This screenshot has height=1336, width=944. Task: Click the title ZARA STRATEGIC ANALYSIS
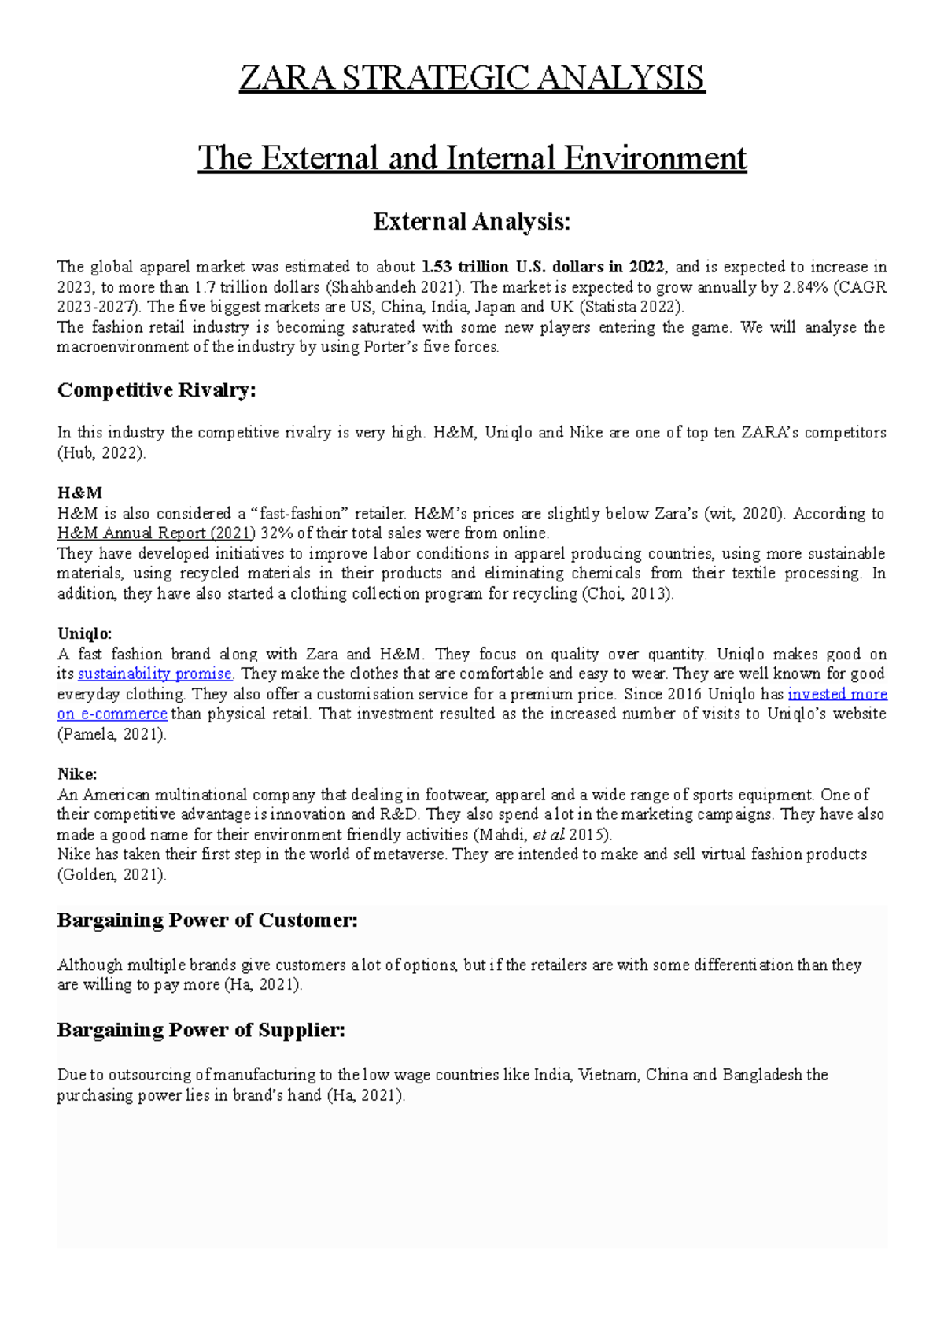[x=472, y=79]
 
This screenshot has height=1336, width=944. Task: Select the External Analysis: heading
[x=472, y=222]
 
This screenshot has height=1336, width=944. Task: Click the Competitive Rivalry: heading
[x=157, y=390]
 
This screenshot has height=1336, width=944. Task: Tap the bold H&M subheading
[x=79, y=493]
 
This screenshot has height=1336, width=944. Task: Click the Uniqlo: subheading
[x=84, y=633]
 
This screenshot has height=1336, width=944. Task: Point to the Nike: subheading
[x=76, y=774]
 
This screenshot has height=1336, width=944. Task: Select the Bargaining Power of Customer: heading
[x=207, y=921]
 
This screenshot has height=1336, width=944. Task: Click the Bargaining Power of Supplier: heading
[x=201, y=1030]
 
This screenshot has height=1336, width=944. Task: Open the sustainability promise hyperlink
[x=155, y=674]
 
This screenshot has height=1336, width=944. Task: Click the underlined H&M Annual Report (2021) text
[x=156, y=533]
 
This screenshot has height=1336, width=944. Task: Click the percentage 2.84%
[x=806, y=287]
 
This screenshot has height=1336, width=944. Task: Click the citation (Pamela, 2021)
[x=112, y=735]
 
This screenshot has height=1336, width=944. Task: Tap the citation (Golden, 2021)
[x=112, y=875]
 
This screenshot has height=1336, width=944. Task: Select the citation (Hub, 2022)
[x=101, y=453]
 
